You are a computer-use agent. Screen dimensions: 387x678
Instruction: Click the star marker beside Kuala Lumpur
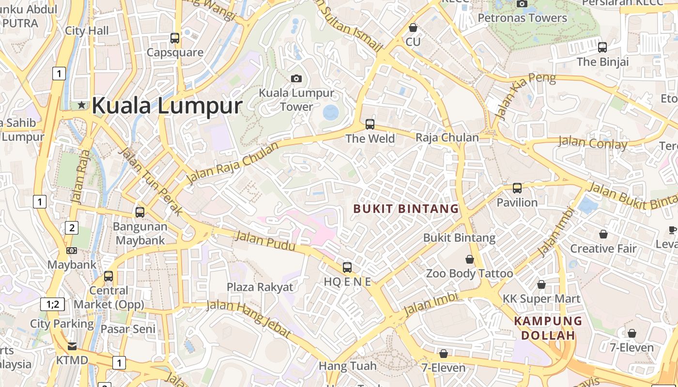[81, 104]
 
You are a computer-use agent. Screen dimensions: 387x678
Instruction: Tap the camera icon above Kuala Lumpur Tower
[296, 78]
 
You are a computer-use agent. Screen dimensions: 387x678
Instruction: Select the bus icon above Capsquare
[175, 38]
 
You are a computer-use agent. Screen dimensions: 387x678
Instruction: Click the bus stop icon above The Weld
[370, 124]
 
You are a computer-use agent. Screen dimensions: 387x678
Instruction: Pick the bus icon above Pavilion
[517, 188]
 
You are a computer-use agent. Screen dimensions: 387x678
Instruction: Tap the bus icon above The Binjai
[602, 47]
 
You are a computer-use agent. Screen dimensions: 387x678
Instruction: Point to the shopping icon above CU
[413, 28]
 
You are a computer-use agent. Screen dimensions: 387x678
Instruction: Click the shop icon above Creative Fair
[603, 234]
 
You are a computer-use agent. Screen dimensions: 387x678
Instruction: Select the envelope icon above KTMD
[72, 346]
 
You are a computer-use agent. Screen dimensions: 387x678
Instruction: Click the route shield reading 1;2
[52, 304]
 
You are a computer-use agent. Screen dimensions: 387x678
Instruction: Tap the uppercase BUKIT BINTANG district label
[406, 209]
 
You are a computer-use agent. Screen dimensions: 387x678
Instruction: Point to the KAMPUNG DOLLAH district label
[548, 328]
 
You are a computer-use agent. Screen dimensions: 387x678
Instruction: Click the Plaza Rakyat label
[260, 287]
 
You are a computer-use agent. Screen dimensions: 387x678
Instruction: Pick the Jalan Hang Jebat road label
[249, 318]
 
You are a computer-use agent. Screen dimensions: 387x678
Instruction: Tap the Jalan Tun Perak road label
[151, 182]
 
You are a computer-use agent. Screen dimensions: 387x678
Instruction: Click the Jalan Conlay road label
[592, 143]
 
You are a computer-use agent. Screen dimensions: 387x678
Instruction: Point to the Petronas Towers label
[522, 18]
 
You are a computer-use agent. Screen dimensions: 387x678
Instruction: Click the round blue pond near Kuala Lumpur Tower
[331, 113]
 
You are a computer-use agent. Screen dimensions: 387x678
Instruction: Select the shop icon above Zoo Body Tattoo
[469, 260]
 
